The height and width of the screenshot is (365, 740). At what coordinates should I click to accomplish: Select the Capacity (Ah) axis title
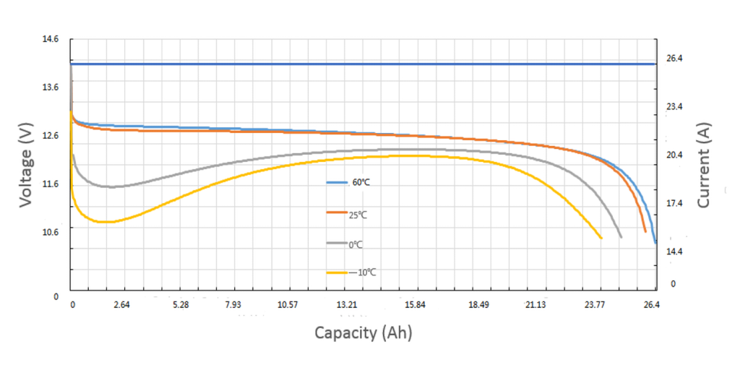(x=363, y=332)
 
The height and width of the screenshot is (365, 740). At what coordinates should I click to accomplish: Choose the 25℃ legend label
(x=359, y=215)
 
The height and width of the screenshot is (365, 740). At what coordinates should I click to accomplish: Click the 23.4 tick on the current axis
(x=674, y=107)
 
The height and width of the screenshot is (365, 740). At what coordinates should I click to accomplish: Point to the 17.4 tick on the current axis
(x=674, y=204)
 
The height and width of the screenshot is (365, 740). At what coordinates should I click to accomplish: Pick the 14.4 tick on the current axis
(x=674, y=252)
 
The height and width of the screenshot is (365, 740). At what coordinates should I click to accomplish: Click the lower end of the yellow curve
(x=601, y=238)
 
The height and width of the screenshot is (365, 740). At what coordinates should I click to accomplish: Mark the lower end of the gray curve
(x=621, y=236)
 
